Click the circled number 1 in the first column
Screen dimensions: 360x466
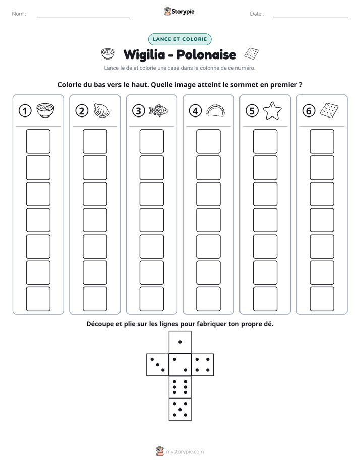(25, 111)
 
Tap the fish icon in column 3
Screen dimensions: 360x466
(158, 110)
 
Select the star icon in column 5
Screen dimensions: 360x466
(272, 110)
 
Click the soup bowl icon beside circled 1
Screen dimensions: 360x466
(45, 110)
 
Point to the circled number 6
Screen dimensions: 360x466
(309, 111)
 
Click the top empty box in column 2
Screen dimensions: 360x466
(95, 141)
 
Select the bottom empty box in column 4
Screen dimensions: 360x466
(208, 299)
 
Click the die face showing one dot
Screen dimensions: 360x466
(180, 342)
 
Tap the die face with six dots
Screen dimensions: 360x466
(180, 387)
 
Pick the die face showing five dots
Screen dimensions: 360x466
(180, 409)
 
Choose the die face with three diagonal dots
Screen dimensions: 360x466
(158, 364)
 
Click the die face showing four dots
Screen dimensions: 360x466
(203, 364)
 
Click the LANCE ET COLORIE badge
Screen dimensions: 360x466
(179, 39)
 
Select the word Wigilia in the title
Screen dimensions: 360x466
(144, 55)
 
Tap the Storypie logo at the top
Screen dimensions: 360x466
(179, 11)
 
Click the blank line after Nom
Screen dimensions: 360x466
(83, 17)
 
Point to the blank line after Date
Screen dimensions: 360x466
(311, 17)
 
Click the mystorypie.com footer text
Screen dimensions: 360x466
(185, 452)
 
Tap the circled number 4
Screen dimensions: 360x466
(195, 111)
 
